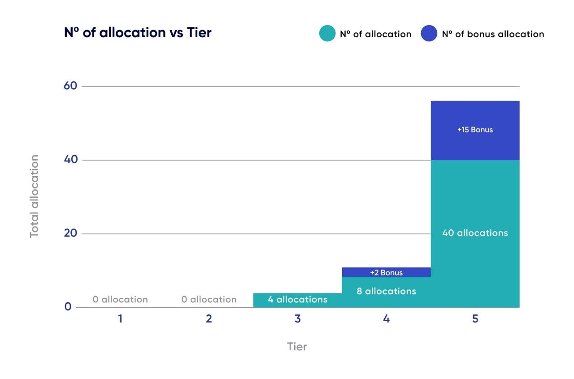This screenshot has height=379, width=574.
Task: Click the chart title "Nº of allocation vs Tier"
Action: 138,33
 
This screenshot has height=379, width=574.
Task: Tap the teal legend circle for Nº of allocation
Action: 327,34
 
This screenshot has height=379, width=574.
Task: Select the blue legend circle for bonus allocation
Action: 429,34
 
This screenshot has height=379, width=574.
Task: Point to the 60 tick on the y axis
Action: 71,86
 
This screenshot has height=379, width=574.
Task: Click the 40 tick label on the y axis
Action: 71,160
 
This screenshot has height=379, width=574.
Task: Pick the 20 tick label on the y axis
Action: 71,233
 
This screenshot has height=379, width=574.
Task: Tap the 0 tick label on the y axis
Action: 68,307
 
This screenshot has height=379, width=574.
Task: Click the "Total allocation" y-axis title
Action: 35,196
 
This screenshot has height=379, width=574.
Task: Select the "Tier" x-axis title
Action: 297,347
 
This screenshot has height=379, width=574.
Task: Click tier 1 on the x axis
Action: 120,319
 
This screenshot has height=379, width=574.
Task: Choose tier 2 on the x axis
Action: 209,319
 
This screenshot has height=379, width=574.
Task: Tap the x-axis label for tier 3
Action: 298,319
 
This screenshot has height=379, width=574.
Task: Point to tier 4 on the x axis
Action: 387,319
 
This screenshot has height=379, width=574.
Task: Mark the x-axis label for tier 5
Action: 475,319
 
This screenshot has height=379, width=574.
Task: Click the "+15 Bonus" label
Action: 475,130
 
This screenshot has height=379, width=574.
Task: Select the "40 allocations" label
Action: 475,233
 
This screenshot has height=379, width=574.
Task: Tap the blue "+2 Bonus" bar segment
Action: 387,272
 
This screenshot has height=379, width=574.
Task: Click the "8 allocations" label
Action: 387,292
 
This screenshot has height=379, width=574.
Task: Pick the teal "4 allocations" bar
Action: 298,300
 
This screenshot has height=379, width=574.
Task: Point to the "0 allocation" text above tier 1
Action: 120,300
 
